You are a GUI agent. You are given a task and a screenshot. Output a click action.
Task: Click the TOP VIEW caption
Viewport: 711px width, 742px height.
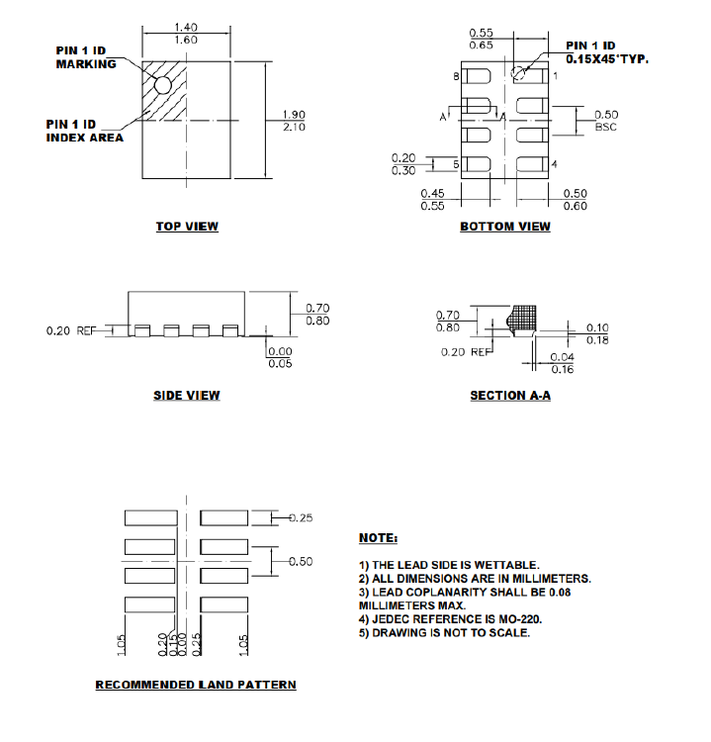(187, 227)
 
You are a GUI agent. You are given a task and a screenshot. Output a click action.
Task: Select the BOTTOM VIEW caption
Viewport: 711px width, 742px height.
(505, 227)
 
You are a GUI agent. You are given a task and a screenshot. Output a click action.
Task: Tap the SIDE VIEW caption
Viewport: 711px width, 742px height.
(186, 396)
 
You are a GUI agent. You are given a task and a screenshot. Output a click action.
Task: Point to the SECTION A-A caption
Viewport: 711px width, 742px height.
(510, 396)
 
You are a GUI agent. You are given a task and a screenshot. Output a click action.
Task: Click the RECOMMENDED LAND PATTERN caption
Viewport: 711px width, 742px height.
(195, 685)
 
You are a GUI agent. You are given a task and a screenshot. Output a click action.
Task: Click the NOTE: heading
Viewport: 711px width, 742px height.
(378, 538)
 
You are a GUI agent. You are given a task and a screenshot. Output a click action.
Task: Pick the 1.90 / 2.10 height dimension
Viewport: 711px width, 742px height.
(294, 121)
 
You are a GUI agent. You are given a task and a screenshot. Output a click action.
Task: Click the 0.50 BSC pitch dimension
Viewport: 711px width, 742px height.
(605, 121)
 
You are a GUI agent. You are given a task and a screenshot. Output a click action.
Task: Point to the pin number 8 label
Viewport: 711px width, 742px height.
(456, 76)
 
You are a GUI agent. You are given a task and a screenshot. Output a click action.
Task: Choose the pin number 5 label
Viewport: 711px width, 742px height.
(456, 163)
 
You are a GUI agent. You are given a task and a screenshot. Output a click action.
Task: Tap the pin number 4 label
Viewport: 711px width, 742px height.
(555, 163)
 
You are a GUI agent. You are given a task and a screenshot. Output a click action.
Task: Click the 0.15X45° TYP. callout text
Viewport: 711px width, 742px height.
(606, 59)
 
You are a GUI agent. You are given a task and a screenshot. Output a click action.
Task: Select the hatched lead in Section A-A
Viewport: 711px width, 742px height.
(520, 318)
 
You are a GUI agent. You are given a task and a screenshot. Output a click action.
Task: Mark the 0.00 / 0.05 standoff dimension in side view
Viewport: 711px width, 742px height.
(280, 357)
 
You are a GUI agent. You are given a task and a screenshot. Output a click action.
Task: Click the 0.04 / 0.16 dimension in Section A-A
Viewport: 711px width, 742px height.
(562, 363)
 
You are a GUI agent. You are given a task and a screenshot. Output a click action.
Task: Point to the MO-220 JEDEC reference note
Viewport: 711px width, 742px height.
(450, 619)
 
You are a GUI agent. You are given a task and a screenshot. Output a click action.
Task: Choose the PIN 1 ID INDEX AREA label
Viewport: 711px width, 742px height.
(85, 131)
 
